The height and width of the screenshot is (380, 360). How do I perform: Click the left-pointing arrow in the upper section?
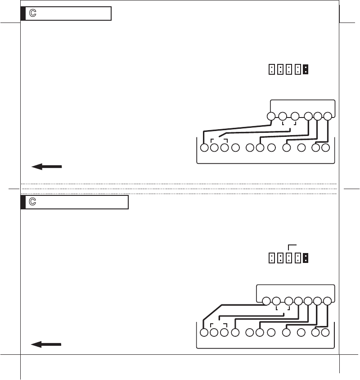pos(46,167)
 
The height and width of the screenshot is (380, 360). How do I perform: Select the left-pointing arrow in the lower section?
pos(46,344)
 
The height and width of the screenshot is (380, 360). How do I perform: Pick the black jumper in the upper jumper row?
pos(306,69)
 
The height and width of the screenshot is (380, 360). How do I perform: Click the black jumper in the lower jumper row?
pos(306,258)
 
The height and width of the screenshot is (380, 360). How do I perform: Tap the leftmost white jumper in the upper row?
pos(271,69)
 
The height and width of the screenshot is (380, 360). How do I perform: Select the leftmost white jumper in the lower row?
pos(271,258)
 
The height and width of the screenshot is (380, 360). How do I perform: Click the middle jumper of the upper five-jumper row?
pos(288,69)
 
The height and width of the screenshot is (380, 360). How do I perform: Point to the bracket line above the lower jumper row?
pos(292,245)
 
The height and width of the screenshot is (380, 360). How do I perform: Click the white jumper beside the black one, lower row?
pos(297,258)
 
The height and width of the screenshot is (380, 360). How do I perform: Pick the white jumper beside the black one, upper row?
pos(297,69)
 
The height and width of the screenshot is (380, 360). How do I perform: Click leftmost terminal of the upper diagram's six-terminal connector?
pos(271,116)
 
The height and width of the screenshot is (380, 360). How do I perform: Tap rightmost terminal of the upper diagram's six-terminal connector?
pos(328,116)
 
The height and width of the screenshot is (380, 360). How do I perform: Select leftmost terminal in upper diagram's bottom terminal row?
pos(204,147)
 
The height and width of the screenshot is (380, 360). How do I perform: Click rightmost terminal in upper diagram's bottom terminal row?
pos(326,147)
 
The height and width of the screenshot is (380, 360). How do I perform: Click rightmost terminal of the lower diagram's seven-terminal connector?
pos(328,301)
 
